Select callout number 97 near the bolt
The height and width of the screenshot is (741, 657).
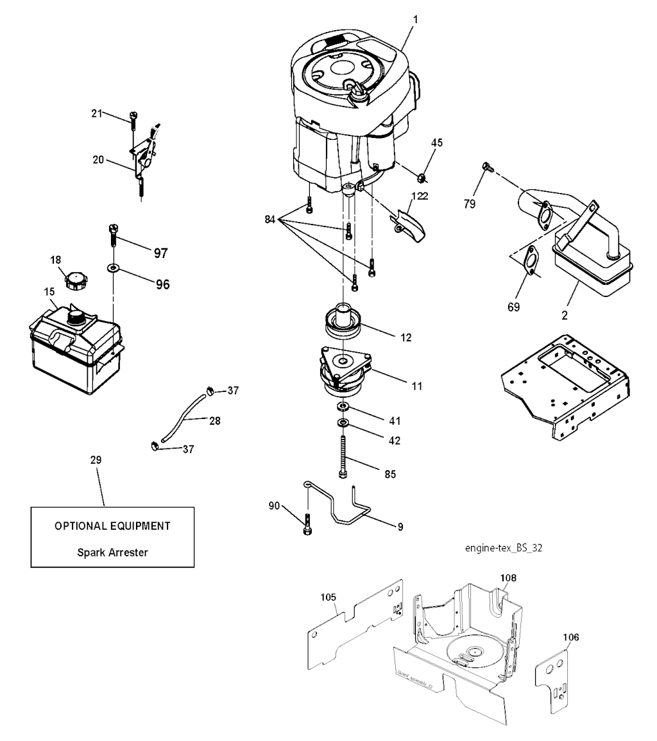(160, 253)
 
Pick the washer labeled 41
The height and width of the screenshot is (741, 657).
(344, 408)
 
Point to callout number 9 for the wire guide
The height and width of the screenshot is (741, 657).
(400, 527)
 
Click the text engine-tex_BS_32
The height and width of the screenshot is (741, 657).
(504, 549)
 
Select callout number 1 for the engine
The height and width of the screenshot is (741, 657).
(415, 20)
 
